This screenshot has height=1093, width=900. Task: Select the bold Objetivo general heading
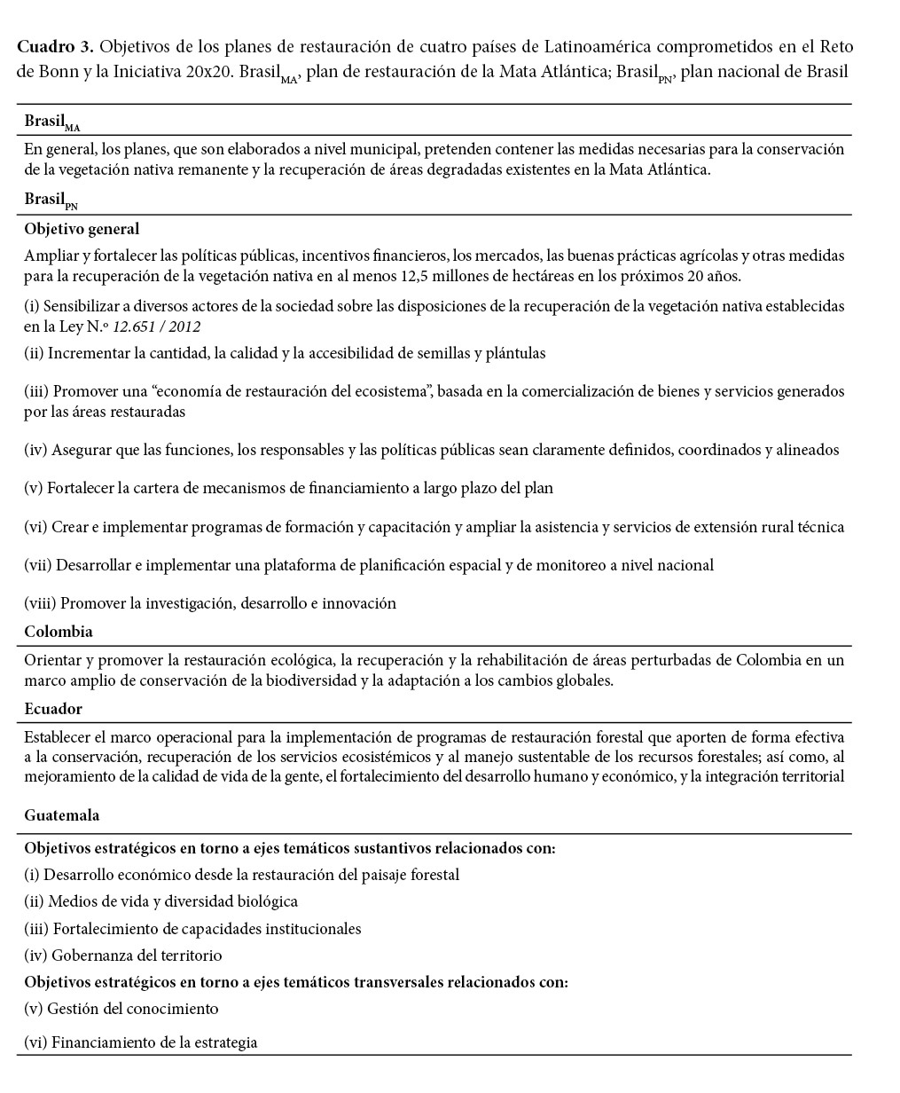[x=82, y=229]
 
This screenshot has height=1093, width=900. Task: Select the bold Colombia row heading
[x=59, y=632]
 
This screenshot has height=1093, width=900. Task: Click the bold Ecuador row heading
[x=53, y=709]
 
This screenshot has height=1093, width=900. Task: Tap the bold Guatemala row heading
[x=62, y=815]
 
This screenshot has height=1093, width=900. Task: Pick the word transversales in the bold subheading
[x=399, y=982]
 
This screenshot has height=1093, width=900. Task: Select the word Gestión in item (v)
[x=73, y=1009]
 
